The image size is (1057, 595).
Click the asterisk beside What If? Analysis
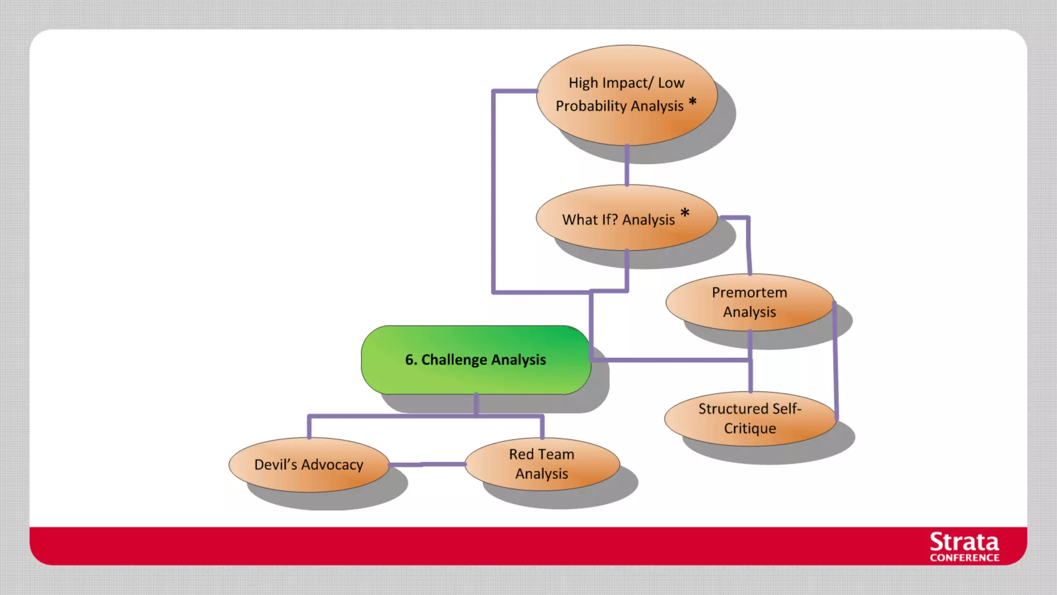685,213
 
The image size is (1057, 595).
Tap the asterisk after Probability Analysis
693,102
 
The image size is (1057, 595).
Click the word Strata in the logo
964,542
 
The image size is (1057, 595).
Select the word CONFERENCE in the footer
964,558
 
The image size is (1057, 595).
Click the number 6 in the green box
409,359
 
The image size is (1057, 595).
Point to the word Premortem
749,292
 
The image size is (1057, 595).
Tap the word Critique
749,428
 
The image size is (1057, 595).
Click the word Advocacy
332,465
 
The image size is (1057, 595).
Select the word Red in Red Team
521,454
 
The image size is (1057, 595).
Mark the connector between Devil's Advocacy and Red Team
427,464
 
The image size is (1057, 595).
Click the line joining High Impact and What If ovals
627,165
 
